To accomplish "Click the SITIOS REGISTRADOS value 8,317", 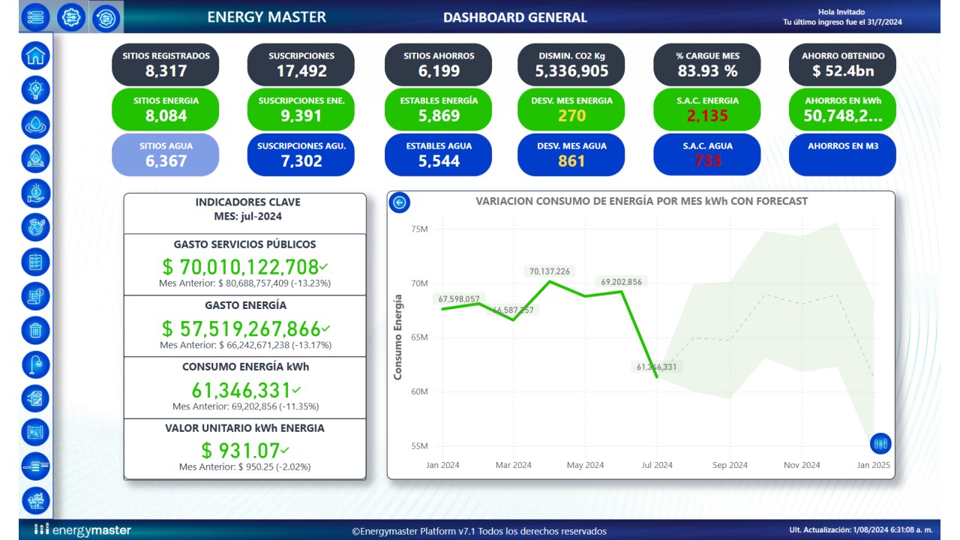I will click(x=166, y=72).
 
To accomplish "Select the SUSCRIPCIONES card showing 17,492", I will click(x=301, y=64).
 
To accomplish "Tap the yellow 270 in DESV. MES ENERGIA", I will click(x=571, y=116).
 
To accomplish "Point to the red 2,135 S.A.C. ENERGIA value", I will click(x=706, y=116).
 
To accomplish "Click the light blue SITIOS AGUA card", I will click(x=166, y=154).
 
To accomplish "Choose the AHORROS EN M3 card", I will click(x=842, y=154).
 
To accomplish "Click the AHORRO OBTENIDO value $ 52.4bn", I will click(x=842, y=72).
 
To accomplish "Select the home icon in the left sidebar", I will click(x=36, y=55).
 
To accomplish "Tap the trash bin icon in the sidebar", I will click(x=36, y=329).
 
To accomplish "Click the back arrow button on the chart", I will click(x=400, y=202).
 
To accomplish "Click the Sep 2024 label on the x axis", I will click(x=730, y=465).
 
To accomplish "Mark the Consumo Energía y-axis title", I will click(x=398, y=337).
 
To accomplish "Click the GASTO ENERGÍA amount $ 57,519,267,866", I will click(x=241, y=328).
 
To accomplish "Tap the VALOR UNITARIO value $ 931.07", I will click(x=240, y=451).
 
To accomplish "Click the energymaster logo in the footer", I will click(x=82, y=530).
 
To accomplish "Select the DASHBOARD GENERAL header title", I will click(x=515, y=17).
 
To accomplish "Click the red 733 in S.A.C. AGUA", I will click(x=706, y=160).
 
